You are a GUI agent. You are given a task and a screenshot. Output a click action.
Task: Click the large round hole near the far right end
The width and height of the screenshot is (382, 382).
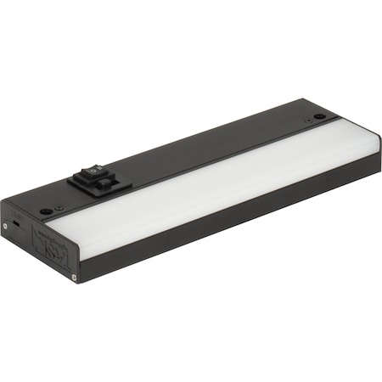[318, 116]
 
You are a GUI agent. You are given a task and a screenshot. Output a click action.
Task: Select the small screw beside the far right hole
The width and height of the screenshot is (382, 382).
[307, 121]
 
